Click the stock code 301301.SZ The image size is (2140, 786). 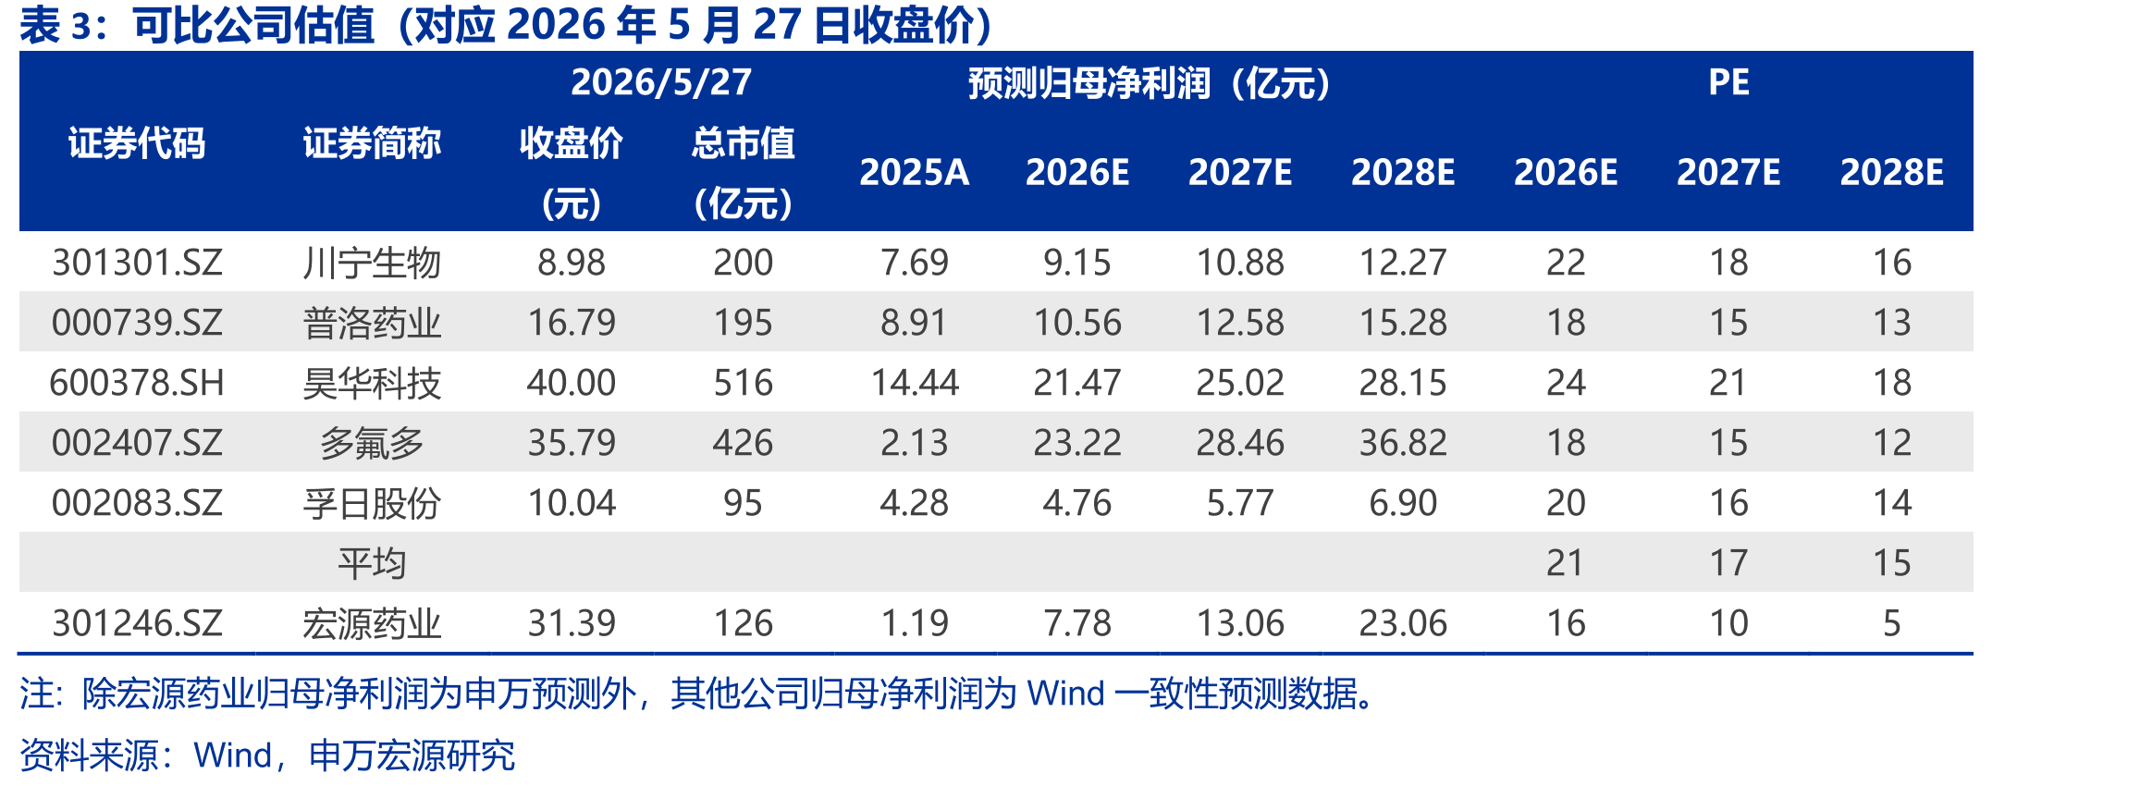[x=137, y=263]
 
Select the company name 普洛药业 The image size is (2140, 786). [x=372, y=323]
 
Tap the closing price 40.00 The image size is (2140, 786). [x=571, y=383]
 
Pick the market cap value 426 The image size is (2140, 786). [x=743, y=443]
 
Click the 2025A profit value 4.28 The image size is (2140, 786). [x=914, y=503]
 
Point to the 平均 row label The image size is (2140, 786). [x=372, y=563]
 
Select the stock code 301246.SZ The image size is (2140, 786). [x=137, y=623]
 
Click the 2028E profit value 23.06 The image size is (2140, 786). [x=1403, y=623]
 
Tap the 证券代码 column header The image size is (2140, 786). [x=137, y=143]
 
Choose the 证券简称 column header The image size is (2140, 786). [x=372, y=143]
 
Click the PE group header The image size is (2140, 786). [x=1728, y=82]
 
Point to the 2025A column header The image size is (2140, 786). [x=914, y=172]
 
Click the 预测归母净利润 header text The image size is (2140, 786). [x=1088, y=83]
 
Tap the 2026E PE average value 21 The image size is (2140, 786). [x=1565, y=563]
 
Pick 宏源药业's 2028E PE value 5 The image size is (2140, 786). [x=1891, y=623]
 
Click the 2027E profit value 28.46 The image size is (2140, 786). [x=1240, y=443]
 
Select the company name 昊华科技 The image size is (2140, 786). [x=372, y=383]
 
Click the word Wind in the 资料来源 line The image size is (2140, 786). [x=232, y=755]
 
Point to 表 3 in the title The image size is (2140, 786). [x=55, y=26]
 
